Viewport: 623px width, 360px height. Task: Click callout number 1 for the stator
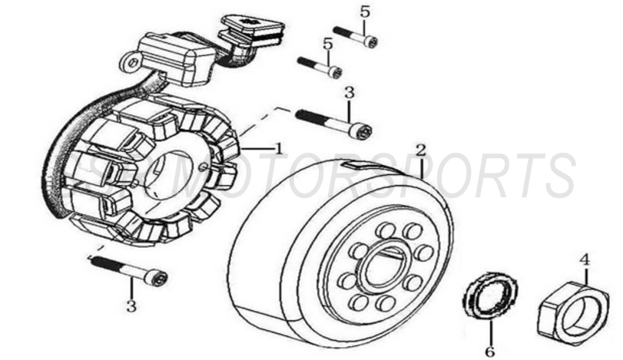[279, 146]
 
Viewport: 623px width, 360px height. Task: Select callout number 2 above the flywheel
[420, 149]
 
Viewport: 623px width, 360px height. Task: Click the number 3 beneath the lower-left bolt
[131, 306]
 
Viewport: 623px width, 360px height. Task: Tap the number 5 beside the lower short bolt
[328, 45]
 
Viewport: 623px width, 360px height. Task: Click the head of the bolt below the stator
[157, 276]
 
